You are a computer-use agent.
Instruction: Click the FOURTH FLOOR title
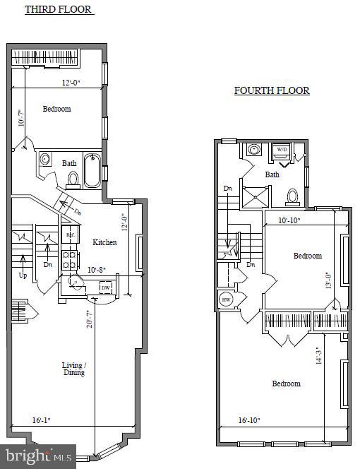pyautogui.click(x=272, y=91)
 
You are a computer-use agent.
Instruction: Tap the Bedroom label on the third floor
pyautogui.click(x=56, y=109)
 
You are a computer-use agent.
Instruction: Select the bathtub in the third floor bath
pyautogui.click(x=92, y=171)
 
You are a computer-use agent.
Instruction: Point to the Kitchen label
pyautogui.click(x=104, y=242)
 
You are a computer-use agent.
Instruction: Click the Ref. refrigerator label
pyautogui.click(x=70, y=235)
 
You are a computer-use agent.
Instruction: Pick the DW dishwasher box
pyautogui.click(x=105, y=287)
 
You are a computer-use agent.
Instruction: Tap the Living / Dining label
pyautogui.click(x=73, y=369)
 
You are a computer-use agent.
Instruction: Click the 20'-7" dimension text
pyautogui.click(x=89, y=320)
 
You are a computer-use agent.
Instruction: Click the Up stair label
pyautogui.click(x=23, y=275)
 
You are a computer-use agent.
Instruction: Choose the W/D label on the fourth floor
pyautogui.click(x=281, y=150)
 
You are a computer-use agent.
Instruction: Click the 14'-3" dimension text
pyautogui.click(x=319, y=355)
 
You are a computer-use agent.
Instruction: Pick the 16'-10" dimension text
pyautogui.click(x=248, y=420)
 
